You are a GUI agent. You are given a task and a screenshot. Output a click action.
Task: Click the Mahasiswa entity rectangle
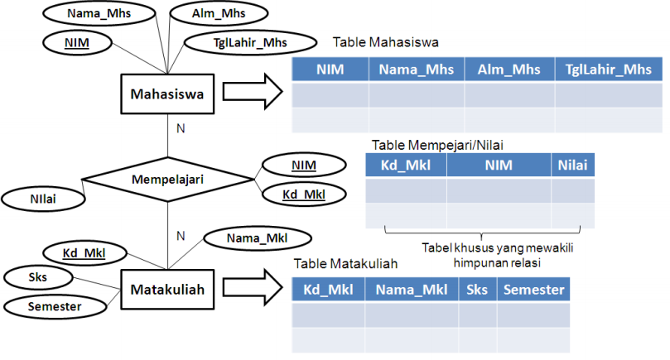tap(168, 94)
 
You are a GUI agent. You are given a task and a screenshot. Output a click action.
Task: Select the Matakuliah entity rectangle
tap(167, 290)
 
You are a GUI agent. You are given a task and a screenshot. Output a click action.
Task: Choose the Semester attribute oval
tap(55, 306)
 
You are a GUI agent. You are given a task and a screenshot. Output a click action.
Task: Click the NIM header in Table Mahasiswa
tap(330, 70)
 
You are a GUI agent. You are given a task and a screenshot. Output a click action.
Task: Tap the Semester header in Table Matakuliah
tap(534, 290)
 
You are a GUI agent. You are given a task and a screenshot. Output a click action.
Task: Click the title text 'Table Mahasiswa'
tap(385, 41)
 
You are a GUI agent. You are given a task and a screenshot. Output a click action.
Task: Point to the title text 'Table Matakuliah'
tap(347, 264)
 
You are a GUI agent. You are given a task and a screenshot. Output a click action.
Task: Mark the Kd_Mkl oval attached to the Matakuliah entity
tap(84, 252)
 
